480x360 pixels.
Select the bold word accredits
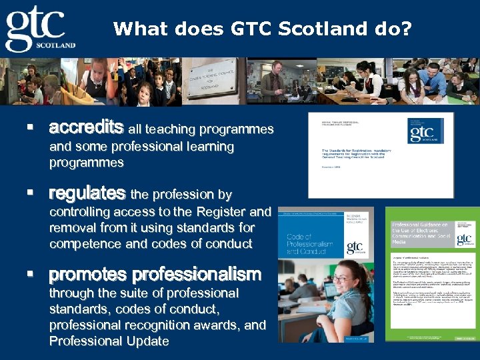pyautogui.click(x=86, y=127)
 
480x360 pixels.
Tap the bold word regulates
pyautogui.click(x=87, y=194)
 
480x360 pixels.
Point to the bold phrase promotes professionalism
pyautogui.click(x=155, y=274)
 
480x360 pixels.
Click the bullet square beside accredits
pyautogui.click(x=29, y=127)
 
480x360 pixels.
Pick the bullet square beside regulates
pyautogui.click(x=29, y=193)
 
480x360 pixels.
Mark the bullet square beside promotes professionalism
pyautogui.click(x=29, y=274)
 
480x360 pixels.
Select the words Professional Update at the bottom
pyautogui.click(x=109, y=341)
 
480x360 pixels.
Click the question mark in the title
pyautogui.click(x=407, y=29)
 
